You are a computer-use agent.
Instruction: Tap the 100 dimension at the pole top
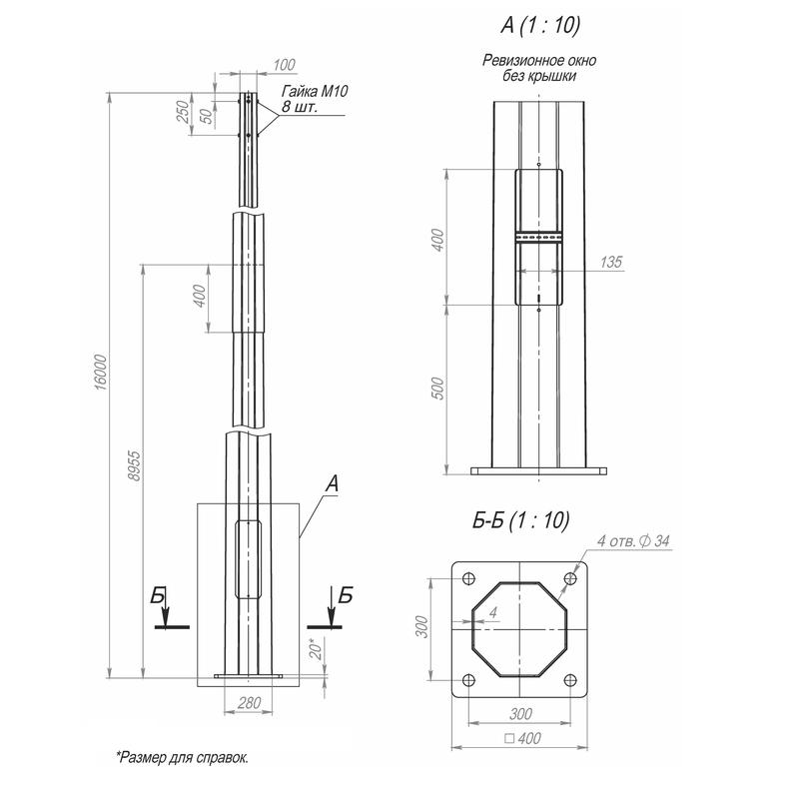click(284, 66)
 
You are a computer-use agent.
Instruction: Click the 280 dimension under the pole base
click(249, 703)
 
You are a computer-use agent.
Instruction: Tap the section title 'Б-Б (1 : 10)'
click(519, 519)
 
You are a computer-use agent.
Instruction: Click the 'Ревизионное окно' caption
click(539, 62)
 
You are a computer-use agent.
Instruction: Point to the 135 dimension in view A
click(611, 262)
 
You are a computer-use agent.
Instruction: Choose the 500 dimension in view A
click(435, 388)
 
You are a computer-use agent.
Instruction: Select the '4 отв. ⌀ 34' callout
click(633, 541)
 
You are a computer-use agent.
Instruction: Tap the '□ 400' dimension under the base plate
click(519, 739)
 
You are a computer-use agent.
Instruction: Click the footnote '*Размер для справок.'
click(182, 757)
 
